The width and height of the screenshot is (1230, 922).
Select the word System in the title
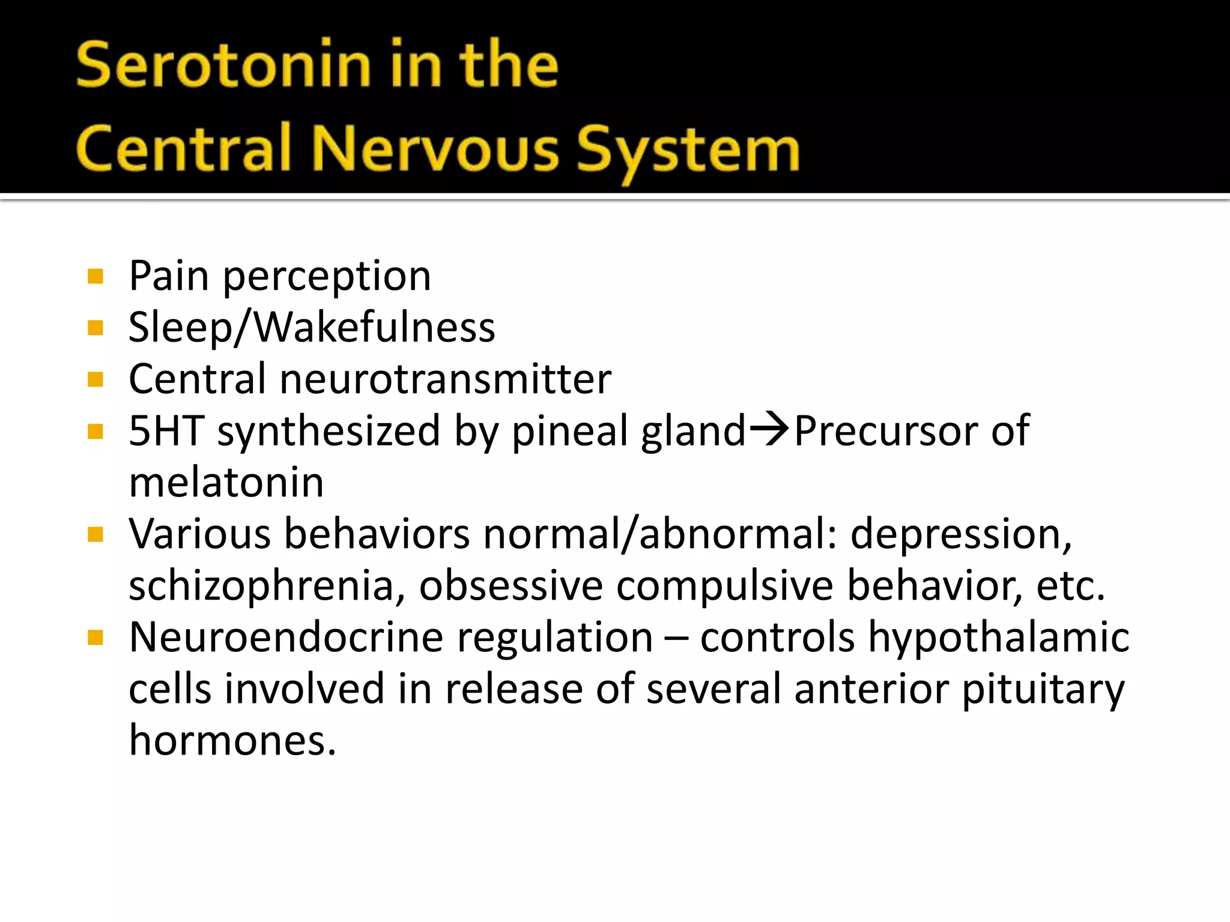click(x=688, y=150)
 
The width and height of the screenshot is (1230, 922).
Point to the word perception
click(x=327, y=277)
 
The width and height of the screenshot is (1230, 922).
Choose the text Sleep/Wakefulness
click(x=312, y=328)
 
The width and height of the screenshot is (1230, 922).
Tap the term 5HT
click(x=166, y=430)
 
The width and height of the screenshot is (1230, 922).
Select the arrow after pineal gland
click(x=769, y=429)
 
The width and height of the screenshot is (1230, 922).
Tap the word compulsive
click(x=724, y=585)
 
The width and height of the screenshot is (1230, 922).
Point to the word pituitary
click(x=1043, y=688)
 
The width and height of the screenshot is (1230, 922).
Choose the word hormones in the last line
click(x=232, y=740)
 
